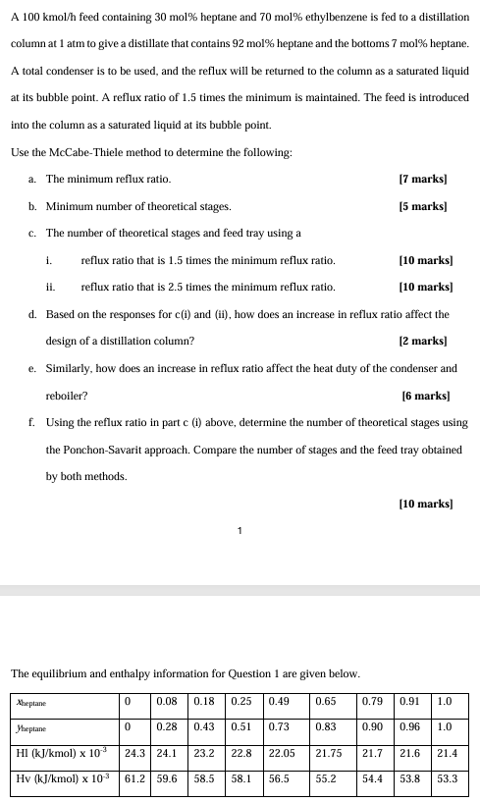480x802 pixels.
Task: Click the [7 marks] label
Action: click(x=423, y=180)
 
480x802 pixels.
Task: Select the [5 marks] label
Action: click(x=423, y=206)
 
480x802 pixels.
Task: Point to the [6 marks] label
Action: click(x=426, y=396)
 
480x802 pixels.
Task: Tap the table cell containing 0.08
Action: click(x=167, y=703)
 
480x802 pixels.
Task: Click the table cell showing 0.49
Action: click(x=280, y=703)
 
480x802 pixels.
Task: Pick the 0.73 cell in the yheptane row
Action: click(x=280, y=727)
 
